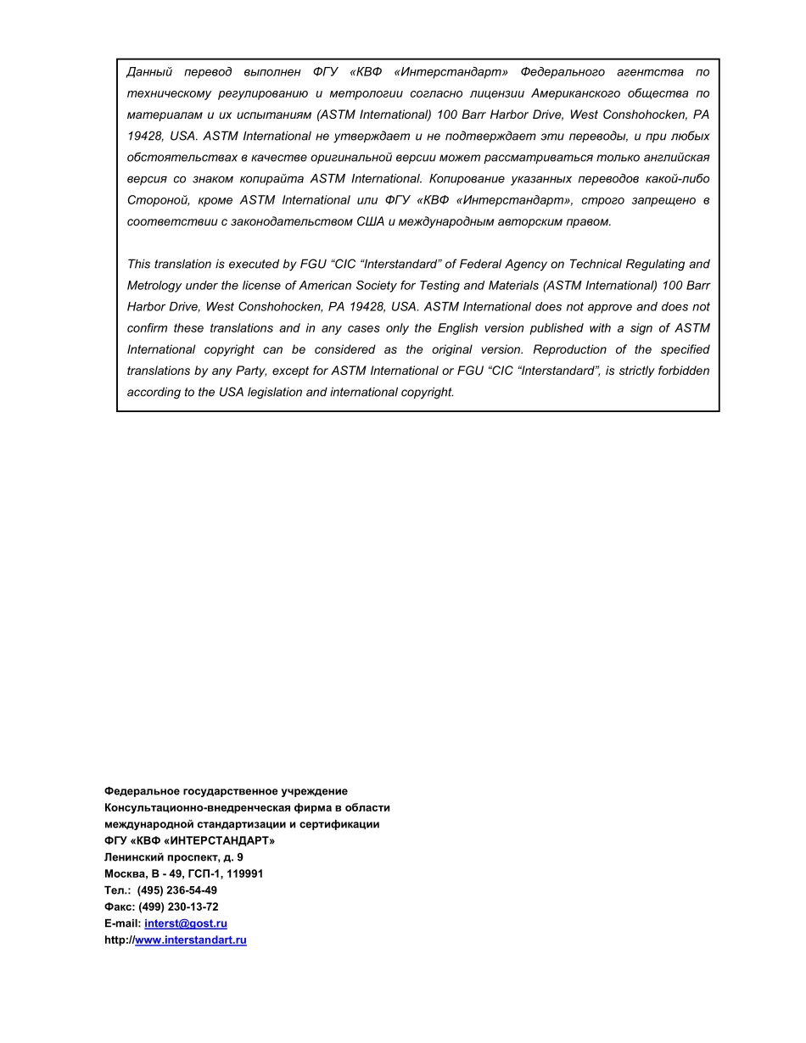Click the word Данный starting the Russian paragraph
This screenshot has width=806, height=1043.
coord(149,72)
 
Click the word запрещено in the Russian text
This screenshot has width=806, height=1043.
coord(664,200)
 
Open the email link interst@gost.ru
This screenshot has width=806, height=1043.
coord(185,923)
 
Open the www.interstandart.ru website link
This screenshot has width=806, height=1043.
coord(190,940)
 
